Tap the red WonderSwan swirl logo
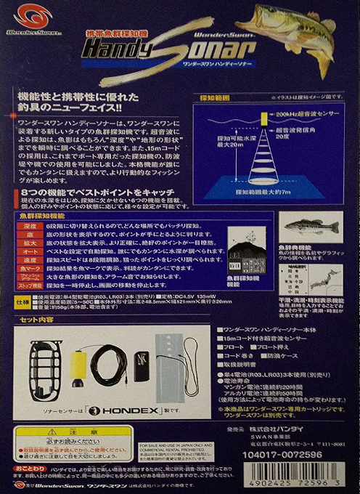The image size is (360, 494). click(x=22, y=15)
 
